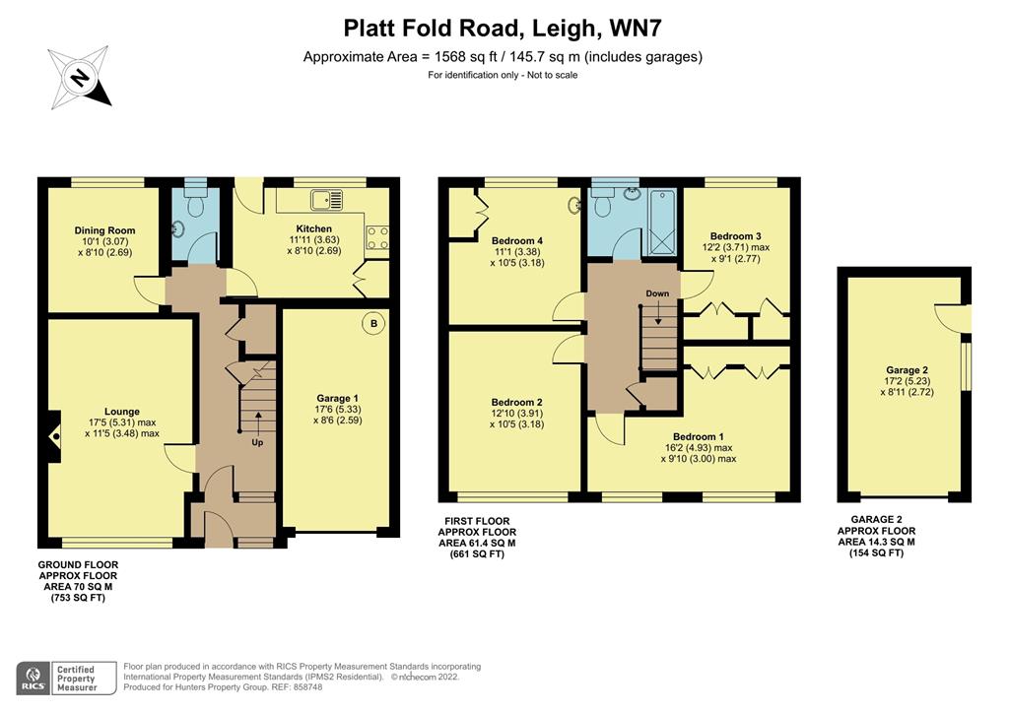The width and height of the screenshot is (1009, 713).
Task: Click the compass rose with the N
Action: (79, 76)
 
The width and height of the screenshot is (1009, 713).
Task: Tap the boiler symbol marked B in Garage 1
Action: (373, 322)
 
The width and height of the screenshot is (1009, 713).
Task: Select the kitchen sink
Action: (326, 200)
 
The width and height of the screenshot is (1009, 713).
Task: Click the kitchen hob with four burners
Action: (377, 236)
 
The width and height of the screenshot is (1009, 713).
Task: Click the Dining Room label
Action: (104, 230)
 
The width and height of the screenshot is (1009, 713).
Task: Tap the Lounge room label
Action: (122, 412)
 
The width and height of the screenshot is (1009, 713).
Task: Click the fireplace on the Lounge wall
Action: (53, 433)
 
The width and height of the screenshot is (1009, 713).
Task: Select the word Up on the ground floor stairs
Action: (259, 442)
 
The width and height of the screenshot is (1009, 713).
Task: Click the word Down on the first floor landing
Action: (658, 293)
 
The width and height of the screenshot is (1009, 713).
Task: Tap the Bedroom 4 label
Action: (517, 240)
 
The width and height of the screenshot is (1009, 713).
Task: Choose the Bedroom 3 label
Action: (736, 236)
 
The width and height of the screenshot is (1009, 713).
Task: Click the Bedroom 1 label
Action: (699, 436)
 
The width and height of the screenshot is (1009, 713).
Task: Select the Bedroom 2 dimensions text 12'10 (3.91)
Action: (517, 415)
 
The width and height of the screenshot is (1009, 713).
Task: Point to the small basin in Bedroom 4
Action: (574, 206)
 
